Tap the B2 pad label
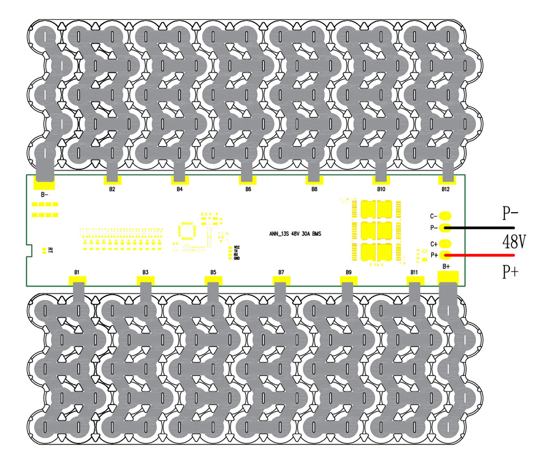coord(112,190)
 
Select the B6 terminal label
coord(247,190)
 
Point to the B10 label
coord(381,190)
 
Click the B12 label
coord(445,190)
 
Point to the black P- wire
coord(480,228)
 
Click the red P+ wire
coord(480,255)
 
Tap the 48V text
coord(515,240)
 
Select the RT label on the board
coord(50,250)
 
